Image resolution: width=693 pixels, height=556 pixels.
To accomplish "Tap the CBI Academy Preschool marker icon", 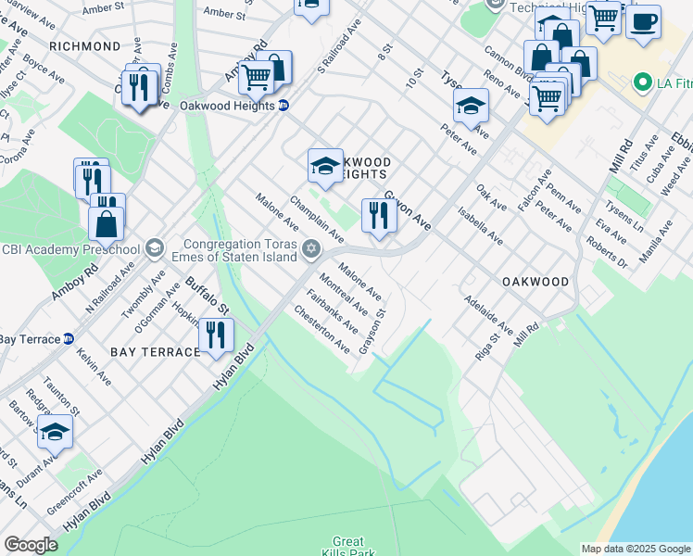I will coord(154,248).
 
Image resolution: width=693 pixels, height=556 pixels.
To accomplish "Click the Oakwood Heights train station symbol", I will coord(283,106).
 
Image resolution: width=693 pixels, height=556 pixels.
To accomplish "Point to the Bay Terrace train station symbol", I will coord(69,338).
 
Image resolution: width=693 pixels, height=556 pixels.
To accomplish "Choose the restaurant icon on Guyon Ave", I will coord(379,215).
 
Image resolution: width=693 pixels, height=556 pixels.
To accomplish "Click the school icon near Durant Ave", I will coord(55,431).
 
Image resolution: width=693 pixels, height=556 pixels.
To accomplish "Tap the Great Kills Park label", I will coord(348,548).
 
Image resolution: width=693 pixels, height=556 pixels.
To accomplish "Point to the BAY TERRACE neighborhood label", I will coord(155,352).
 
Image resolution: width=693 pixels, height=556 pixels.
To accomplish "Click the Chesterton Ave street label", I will coord(321,330).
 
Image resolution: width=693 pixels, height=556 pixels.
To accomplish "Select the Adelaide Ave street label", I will coord(489,316).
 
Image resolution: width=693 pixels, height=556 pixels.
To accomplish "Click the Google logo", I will coord(31,545).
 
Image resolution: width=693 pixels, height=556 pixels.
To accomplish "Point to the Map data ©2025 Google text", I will coord(636,549).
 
